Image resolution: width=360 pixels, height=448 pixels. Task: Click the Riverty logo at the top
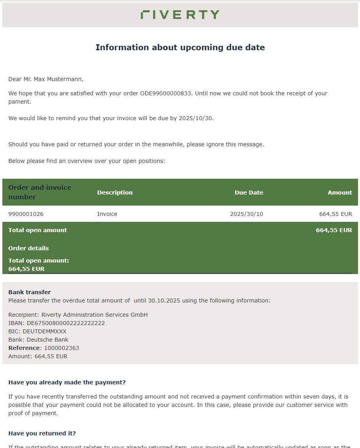tap(180, 15)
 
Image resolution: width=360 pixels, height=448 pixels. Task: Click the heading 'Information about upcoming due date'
tap(180, 47)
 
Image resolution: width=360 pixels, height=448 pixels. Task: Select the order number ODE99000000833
tap(166, 93)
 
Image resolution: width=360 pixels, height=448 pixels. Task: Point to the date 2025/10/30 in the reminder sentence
tap(196, 118)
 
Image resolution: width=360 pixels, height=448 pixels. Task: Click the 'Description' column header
tap(115, 193)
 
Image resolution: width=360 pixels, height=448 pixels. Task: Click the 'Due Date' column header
tap(249, 193)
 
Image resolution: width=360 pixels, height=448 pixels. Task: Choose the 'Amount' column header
tap(339, 193)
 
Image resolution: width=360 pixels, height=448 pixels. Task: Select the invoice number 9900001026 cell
tap(26, 214)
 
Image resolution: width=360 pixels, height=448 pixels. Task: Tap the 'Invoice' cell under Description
tap(107, 214)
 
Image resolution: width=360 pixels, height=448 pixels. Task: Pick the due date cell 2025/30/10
tap(246, 214)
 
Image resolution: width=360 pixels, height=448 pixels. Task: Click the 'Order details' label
tap(28, 248)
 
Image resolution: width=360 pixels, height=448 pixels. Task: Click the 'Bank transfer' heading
tap(30, 292)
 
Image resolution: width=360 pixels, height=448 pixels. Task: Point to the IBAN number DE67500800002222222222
tap(66, 323)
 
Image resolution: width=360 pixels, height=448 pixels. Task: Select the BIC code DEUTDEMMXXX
tap(45, 331)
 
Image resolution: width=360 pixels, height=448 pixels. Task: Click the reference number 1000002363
tap(61, 348)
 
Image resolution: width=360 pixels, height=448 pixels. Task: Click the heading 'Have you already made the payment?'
tap(67, 382)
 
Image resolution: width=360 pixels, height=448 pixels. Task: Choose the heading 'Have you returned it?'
tap(42, 433)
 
